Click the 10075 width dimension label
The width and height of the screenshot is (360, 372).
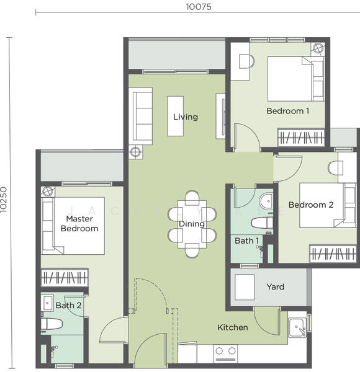(x=197, y=7)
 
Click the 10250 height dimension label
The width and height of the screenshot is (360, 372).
(x=5, y=200)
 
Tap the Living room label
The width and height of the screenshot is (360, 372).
(x=185, y=117)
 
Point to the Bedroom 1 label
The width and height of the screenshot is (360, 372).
(x=287, y=111)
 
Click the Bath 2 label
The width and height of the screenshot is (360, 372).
(x=68, y=305)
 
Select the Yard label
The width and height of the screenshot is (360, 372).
(x=275, y=286)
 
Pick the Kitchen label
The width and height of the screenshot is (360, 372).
(x=232, y=327)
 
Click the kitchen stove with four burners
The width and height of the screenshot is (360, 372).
(x=226, y=353)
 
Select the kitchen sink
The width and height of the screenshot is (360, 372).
(x=297, y=327)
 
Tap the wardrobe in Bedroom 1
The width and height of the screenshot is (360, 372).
(x=301, y=137)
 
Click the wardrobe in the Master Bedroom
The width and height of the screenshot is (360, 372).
(x=65, y=278)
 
